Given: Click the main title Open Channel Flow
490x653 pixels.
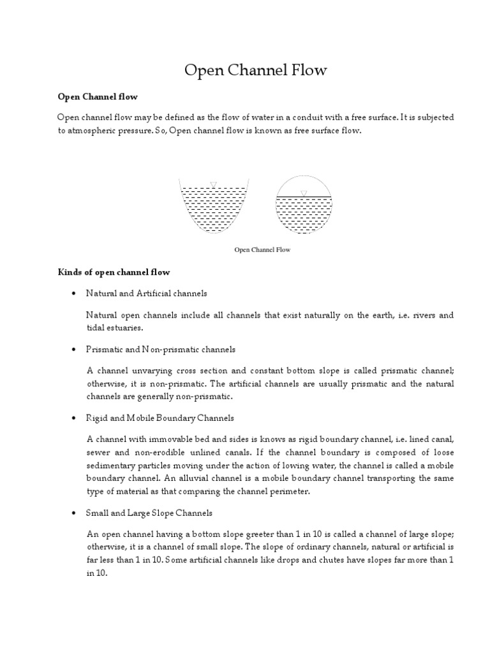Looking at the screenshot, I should tap(255, 70).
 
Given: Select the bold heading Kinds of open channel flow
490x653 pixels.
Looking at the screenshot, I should tap(114, 272).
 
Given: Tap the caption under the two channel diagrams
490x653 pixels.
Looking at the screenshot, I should tap(262, 250).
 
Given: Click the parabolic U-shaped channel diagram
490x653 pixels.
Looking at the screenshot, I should tap(212, 207).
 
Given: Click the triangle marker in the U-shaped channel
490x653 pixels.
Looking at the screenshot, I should tap(213, 185).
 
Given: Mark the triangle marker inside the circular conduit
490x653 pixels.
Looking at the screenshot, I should tap(304, 193).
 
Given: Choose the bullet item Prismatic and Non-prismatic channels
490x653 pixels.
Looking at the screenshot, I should tap(161, 349).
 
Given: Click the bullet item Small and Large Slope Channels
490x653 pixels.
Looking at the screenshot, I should tap(149, 513).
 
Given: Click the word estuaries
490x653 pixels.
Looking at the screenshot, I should tap(124, 328).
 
